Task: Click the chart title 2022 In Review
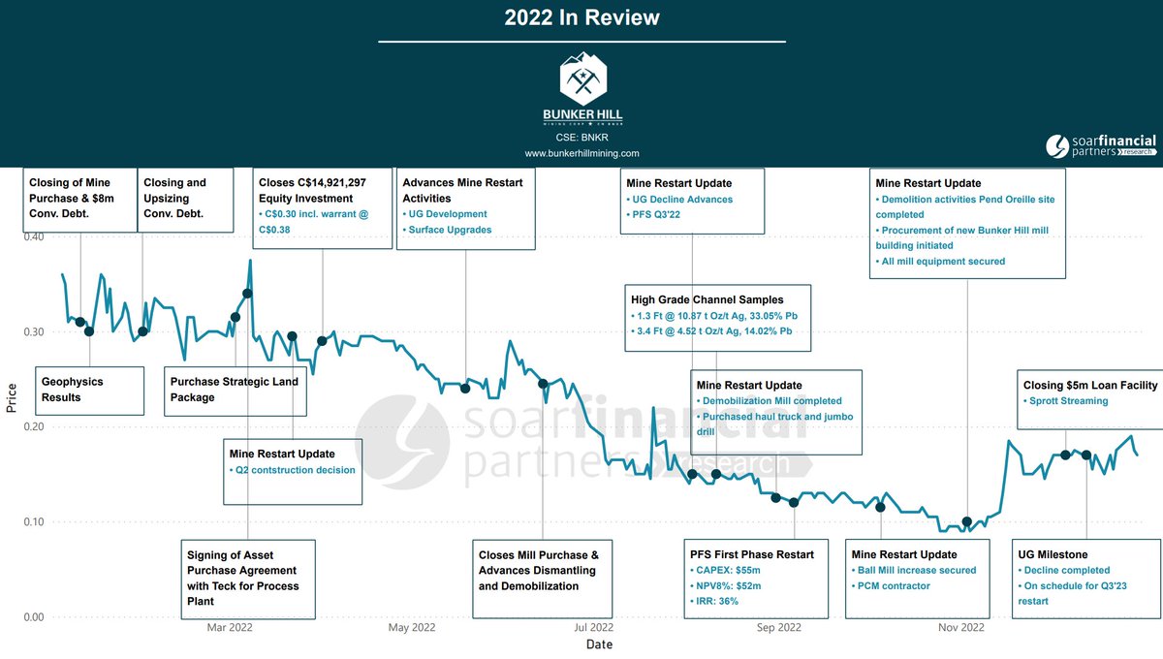[x=581, y=17]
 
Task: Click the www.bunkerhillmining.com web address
[x=581, y=153]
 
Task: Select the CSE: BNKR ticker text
[x=581, y=138]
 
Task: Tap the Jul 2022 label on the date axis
[x=594, y=627]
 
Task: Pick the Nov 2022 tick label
[x=961, y=627]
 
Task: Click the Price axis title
[x=12, y=396]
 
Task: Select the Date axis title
[x=599, y=644]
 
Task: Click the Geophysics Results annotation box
[x=89, y=390]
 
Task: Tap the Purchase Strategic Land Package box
[x=236, y=390]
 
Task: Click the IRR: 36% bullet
[x=719, y=601]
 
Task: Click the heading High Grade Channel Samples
[x=707, y=300]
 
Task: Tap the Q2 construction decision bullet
[x=292, y=470]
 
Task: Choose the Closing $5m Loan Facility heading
[x=1090, y=386]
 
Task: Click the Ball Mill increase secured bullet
[x=917, y=570]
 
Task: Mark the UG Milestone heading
[x=1053, y=554]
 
